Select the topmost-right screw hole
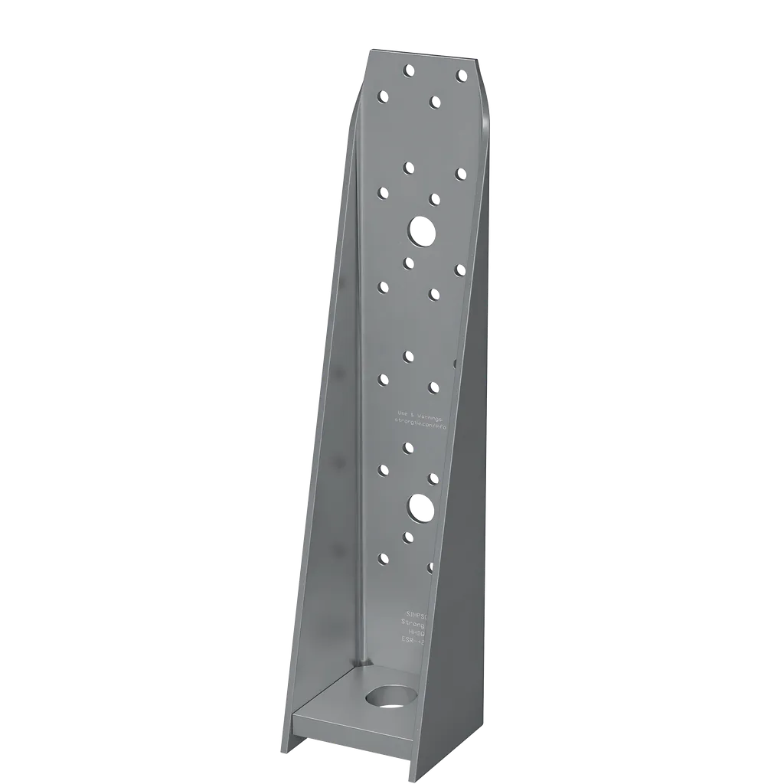click(461, 75)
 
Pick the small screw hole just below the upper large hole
click(409, 263)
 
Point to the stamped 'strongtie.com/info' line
click(420, 422)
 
